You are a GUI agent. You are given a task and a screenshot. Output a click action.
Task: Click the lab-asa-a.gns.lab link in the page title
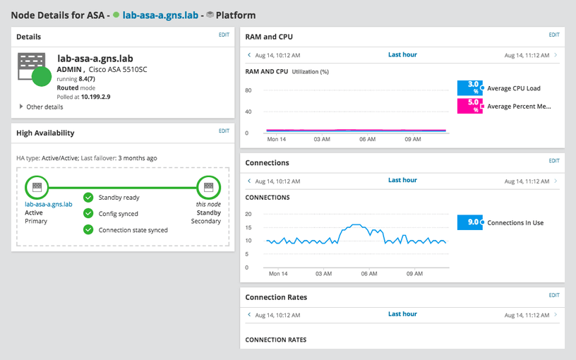coord(159,14)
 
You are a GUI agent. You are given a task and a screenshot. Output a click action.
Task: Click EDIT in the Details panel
coord(224,34)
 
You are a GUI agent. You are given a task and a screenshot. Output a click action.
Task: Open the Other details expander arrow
coord(20,107)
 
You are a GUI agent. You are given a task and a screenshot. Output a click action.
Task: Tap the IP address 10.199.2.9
coord(95,97)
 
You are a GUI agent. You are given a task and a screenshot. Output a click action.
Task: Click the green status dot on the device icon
coord(42,76)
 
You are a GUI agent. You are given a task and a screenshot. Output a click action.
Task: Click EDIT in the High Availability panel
coord(224,131)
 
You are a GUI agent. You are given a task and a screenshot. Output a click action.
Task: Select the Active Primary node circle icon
coord(37,187)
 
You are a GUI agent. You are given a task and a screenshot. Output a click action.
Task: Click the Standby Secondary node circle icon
coord(208,187)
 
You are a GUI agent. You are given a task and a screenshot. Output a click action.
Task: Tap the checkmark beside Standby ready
coord(88,198)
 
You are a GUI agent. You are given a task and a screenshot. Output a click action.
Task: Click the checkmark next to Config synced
coord(88,213)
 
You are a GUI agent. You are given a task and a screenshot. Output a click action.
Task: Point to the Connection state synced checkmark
coord(88,229)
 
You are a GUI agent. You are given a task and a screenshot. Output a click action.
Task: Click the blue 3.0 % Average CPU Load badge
coord(469,88)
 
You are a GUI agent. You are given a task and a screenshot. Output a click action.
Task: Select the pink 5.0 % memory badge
coord(469,106)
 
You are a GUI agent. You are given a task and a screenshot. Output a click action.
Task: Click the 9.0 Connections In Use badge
coord(469,222)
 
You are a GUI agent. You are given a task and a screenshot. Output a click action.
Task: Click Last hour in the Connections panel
coord(402,180)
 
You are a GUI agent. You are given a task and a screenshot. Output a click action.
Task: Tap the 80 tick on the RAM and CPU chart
coord(248,90)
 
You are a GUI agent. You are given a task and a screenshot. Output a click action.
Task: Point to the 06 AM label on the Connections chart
coord(367,273)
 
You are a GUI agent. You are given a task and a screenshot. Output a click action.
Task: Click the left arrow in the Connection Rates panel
coord(248,315)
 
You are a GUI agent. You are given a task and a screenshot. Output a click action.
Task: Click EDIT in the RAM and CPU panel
coord(553,34)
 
